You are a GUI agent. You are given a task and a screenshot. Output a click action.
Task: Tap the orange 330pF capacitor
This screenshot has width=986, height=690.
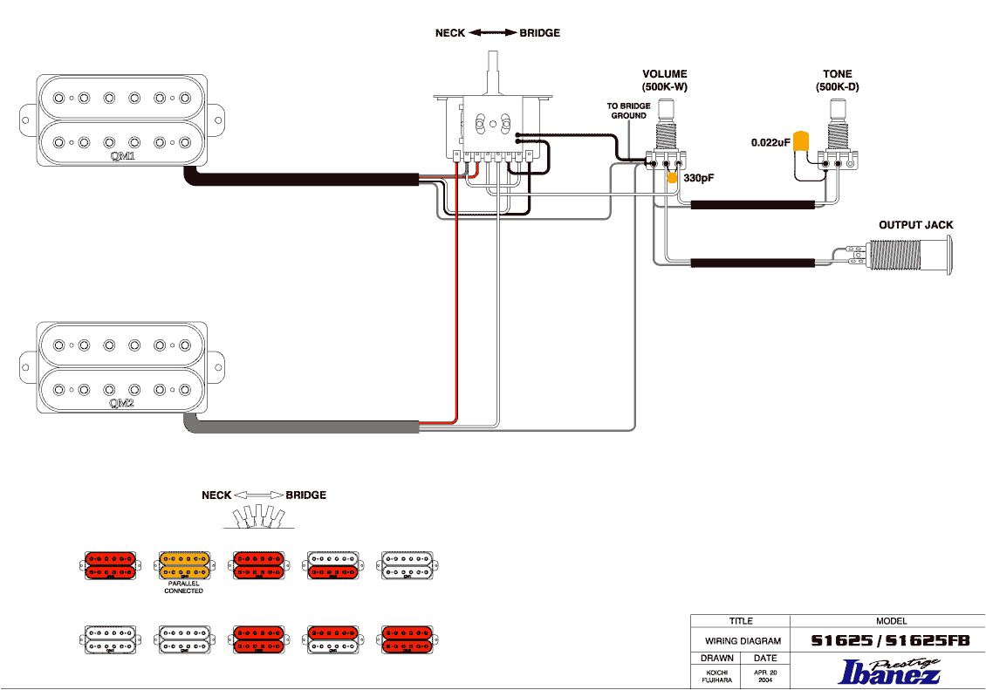[x=672, y=177]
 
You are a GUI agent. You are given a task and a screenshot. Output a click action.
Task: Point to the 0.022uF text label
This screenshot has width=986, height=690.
[x=770, y=141]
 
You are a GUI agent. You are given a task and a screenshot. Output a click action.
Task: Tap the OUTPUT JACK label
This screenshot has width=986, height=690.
[x=915, y=225]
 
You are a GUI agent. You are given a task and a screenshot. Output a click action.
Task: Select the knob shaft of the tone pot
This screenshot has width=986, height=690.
[x=838, y=109]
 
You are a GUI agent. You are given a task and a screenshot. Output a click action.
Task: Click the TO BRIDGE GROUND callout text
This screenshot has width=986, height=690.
[x=628, y=111]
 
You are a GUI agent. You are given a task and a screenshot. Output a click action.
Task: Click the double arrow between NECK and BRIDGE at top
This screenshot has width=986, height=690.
[x=493, y=33]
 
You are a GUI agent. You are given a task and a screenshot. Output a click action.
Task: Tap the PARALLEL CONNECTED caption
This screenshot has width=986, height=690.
[x=183, y=587]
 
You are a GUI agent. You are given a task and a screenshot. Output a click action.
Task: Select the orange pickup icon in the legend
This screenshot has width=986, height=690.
[x=183, y=565]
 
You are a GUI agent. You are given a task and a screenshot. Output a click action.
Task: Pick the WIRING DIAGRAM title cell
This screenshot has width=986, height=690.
[x=741, y=641]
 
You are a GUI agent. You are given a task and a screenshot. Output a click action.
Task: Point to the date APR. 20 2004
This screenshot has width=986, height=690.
[x=765, y=676]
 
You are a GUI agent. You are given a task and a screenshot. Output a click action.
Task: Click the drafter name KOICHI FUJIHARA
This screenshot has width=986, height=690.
[x=716, y=676]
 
